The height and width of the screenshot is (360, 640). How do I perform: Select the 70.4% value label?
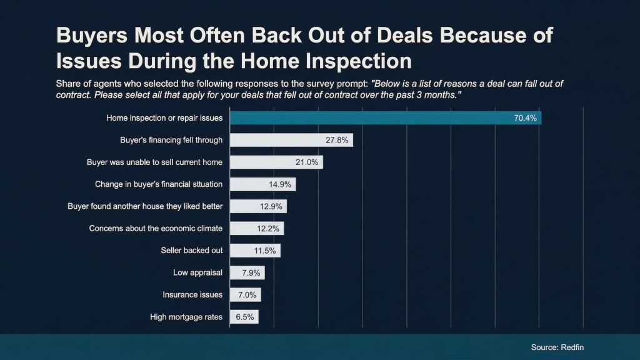[525, 117]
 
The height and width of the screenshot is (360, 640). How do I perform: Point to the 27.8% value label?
[337, 140]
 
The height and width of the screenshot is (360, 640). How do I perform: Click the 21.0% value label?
[307, 162]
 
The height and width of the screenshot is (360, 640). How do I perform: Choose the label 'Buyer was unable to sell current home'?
[154, 162]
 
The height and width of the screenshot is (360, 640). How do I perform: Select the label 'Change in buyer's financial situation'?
[159, 184]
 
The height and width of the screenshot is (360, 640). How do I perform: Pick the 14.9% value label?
[281, 184]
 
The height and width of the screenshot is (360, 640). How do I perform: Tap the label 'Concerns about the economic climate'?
[156, 228]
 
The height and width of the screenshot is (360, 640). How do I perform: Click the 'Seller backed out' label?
[192, 251]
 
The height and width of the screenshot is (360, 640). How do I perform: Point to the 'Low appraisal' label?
[197, 272]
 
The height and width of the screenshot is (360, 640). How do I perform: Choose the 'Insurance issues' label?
[192, 295]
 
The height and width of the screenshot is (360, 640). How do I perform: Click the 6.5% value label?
[245, 317]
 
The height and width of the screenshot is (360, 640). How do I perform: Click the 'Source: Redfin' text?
[557, 347]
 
